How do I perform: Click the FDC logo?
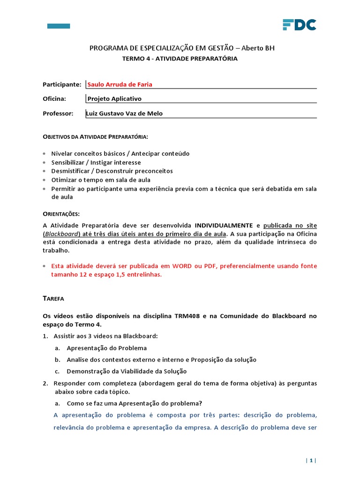click(299, 25)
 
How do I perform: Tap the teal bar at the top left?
click(59, 26)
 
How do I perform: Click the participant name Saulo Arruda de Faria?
click(120, 84)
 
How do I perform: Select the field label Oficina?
click(54, 99)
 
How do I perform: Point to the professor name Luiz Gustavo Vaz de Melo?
click(124, 113)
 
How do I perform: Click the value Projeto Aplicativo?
click(114, 99)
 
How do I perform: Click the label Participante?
click(62, 84)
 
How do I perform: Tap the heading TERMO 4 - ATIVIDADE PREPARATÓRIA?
click(180, 59)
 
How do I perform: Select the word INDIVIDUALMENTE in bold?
click(224, 225)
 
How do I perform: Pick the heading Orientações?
click(61, 213)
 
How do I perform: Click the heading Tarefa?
click(53, 298)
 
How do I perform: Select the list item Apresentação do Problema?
click(107, 348)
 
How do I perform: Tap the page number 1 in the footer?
click(310, 461)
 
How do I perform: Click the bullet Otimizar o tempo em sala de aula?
click(101, 180)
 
